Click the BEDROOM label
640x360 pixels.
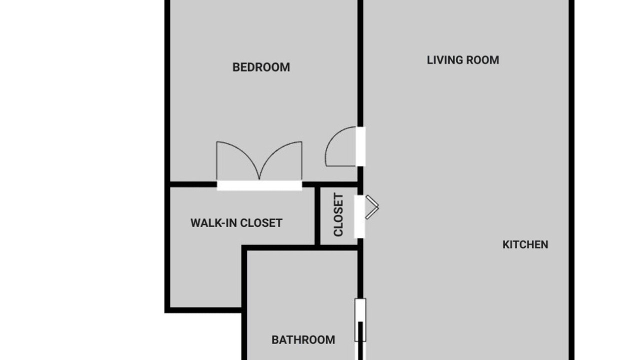pos(261,67)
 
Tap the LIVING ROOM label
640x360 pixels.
pos(463,60)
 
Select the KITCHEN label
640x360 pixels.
pos(525,244)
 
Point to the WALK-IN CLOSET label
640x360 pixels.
pos(236,223)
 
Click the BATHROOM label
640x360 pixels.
pos(303,339)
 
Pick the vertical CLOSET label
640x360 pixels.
pos(338,215)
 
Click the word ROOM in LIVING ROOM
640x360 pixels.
pos(482,60)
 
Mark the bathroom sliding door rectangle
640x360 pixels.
pos(360,320)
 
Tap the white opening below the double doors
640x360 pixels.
pos(259,185)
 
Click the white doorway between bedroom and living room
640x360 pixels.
pos(360,146)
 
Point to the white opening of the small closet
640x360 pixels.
pos(359,216)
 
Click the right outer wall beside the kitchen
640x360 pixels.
pos(571,180)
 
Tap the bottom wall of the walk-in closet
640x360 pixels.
pos(203,310)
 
